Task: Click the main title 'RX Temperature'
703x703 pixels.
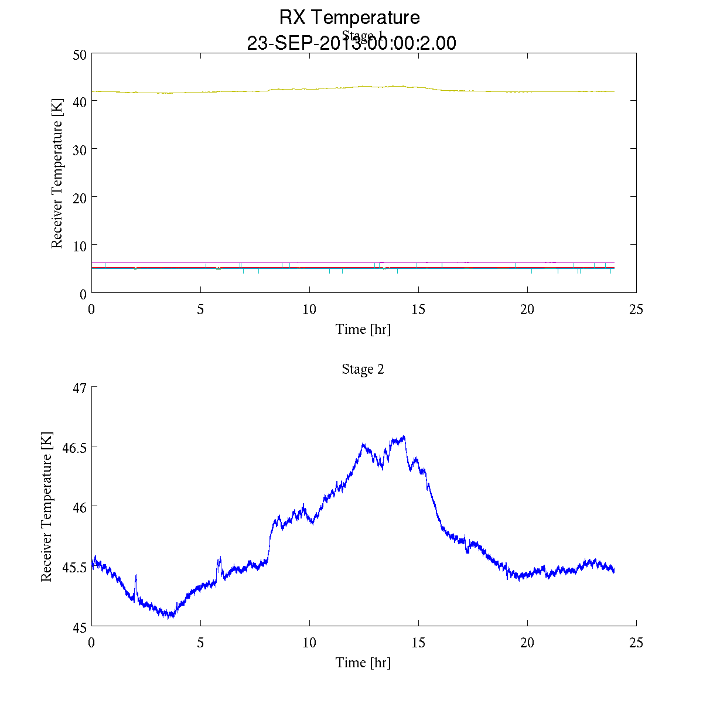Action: pyautogui.click(x=350, y=18)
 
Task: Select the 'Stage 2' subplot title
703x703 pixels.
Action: pyautogui.click(x=363, y=369)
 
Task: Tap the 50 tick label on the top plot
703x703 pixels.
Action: pyautogui.click(x=80, y=54)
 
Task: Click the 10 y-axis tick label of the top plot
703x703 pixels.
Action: pyautogui.click(x=80, y=245)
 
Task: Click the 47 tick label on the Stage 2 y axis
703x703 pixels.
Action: pyautogui.click(x=80, y=388)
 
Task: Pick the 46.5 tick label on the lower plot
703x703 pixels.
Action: pyautogui.click(x=75, y=448)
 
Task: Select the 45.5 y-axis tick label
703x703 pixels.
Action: pyautogui.click(x=75, y=568)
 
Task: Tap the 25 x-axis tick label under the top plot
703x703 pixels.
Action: pyautogui.click(x=636, y=310)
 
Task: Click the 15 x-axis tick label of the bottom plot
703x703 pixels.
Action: pyautogui.click(x=418, y=643)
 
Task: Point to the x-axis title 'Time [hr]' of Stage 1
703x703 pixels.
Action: pyautogui.click(x=363, y=329)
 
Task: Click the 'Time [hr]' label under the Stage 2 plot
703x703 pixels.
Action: pyautogui.click(x=363, y=663)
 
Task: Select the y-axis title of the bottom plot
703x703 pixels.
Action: pyautogui.click(x=47, y=507)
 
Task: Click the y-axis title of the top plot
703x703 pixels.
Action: pyautogui.click(x=57, y=173)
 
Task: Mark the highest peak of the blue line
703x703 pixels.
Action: pyautogui.click(x=404, y=436)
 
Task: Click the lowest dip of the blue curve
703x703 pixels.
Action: pyautogui.click(x=170, y=617)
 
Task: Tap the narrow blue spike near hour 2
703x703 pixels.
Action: pyautogui.click(x=136, y=576)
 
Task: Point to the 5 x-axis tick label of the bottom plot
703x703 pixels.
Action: pyautogui.click(x=200, y=643)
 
